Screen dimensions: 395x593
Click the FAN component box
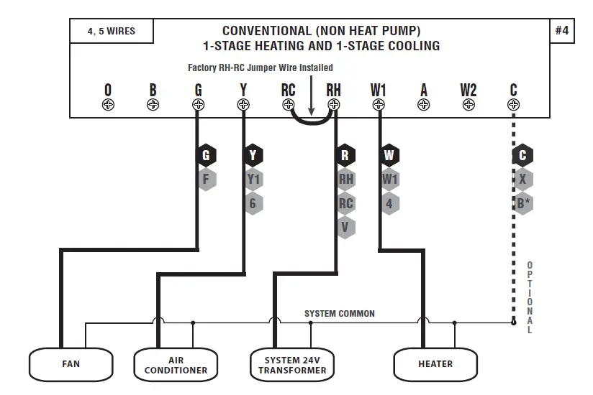(x=71, y=364)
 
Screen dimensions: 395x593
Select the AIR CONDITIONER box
(x=176, y=365)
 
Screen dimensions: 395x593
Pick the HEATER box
(x=435, y=364)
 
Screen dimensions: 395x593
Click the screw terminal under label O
(x=108, y=105)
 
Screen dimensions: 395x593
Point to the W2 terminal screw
(x=468, y=105)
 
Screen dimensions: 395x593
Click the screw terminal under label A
(x=424, y=105)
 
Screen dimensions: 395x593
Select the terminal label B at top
(x=153, y=90)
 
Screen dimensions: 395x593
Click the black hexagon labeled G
(x=206, y=155)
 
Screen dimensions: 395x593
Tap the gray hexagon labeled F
(x=206, y=178)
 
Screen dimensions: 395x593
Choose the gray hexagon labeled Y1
(x=253, y=179)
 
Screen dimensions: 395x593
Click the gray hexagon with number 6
(x=253, y=203)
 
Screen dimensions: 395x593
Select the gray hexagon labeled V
(x=345, y=227)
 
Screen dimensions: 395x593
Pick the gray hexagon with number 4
(x=389, y=203)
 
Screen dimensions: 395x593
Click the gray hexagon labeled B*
(x=523, y=203)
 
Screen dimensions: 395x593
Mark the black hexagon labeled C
(x=523, y=155)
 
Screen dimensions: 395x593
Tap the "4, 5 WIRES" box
(x=111, y=32)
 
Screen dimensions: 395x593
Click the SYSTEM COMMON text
(x=339, y=314)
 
